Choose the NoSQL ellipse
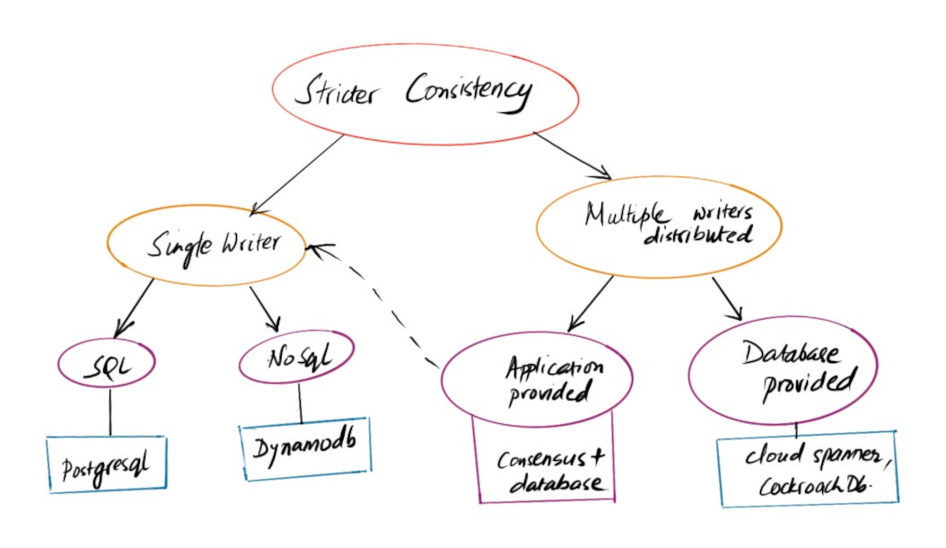click(297, 362)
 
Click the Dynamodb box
click(304, 446)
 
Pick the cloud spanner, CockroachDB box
click(808, 472)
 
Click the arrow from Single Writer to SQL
click(135, 305)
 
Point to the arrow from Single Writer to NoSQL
click(265, 308)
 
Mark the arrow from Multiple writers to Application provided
click(591, 302)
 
